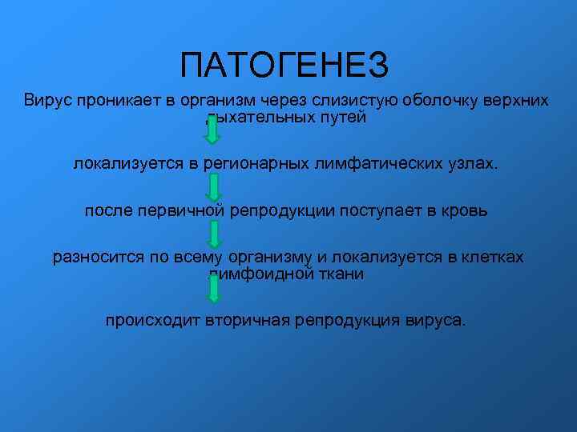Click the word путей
click(342, 118)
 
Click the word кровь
click(466, 211)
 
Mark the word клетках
click(491, 258)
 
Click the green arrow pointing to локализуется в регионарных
click(212, 130)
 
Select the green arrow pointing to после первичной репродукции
click(214, 186)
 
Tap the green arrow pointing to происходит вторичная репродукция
click(213, 288)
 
